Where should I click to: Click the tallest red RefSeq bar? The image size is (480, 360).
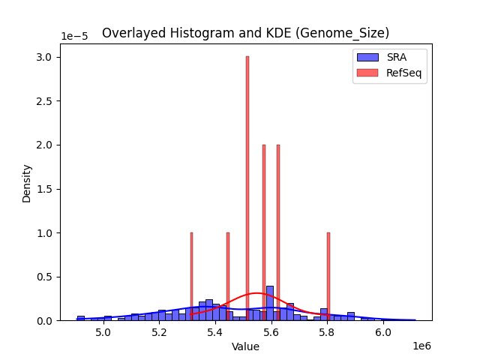click(247, 187)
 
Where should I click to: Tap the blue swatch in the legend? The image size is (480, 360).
click(367, 57)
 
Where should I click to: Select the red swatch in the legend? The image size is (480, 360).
click(367, 72)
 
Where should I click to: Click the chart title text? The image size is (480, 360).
click(245, 33)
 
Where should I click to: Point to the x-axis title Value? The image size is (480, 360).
click(245, 347)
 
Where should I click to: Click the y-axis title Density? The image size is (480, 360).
click(27, 183)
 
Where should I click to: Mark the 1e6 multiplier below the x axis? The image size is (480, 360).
click(422, 346)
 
